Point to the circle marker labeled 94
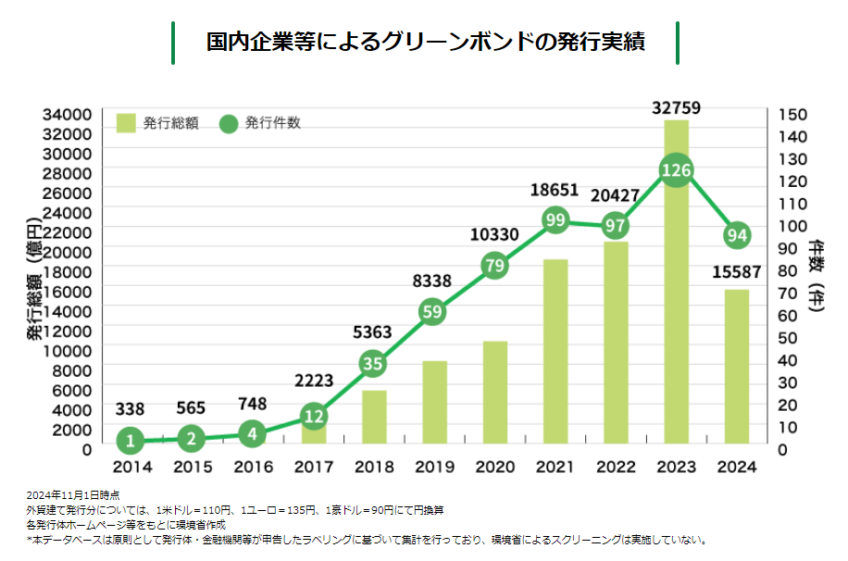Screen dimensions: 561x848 coord(737,234)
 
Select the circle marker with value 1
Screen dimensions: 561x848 coord(131,441)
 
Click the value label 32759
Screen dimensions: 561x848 coord(676,108)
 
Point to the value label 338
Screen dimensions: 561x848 coord(131,409)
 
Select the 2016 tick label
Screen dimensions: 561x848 coord(253,467)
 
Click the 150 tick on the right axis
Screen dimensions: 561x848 coord(794,114)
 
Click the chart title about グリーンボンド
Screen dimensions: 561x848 coord(425,43)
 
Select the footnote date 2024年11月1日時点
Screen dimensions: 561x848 coord(73,495)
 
